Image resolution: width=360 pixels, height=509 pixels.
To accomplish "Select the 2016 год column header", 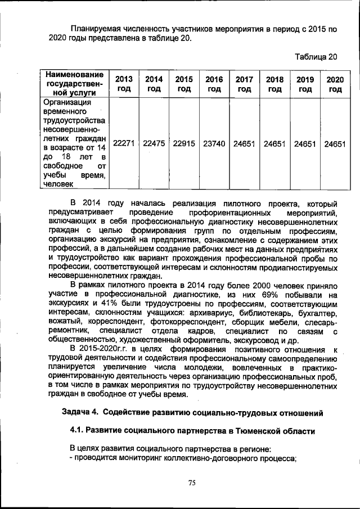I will pyautogui.click(x=214, y=84).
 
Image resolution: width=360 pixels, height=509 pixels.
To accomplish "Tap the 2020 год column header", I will pyautogui.click(x=335, y=84).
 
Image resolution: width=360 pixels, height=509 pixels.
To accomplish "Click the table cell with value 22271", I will pyautogui.click(x=124, y=143).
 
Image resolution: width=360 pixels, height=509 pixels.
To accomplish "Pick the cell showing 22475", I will pyautogui.click(x=154, y=143).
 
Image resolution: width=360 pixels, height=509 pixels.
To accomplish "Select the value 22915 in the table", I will pyautogui.click(x=184, y=143).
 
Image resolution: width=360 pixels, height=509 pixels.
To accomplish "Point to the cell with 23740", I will pyautogui.click(x=214, y=143).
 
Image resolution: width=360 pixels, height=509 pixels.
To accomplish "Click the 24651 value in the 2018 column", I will pyautogui.click(x=274, y=143).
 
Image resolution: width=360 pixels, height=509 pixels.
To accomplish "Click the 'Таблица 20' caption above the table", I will pyautogui.click(x=316, y=57).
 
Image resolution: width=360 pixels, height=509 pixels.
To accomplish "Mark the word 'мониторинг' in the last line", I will pyautogui.click(x=142, y=458).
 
